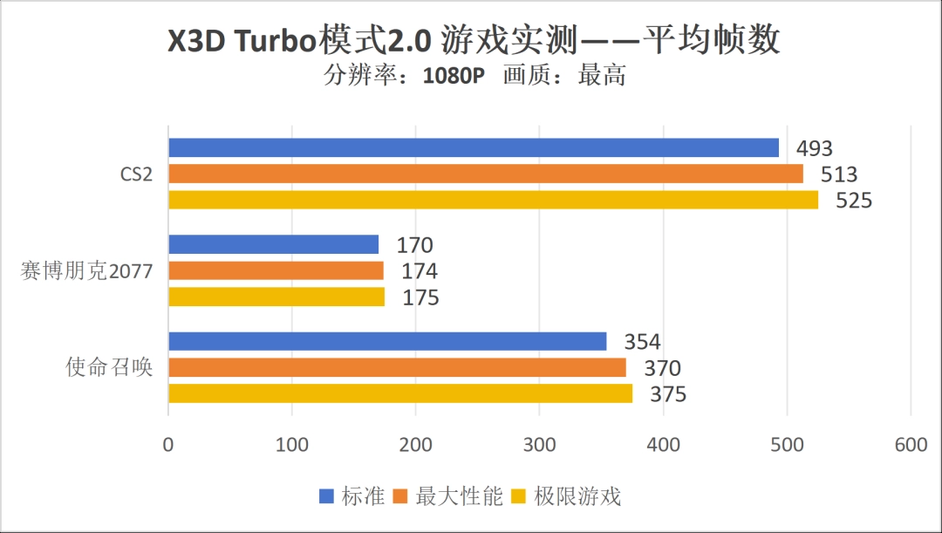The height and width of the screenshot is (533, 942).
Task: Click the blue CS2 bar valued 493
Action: [x=473, y=148]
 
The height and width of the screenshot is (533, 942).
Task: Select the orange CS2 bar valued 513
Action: [x=485, y=174]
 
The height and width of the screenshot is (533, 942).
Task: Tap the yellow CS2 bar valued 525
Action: [x=493, y=201]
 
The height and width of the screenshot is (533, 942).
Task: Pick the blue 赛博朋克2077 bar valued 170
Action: [x=273, y=245]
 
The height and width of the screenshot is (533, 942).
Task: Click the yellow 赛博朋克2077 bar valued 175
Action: [x=276, y=297]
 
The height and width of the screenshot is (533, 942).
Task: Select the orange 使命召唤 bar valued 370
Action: [x=397, y=368]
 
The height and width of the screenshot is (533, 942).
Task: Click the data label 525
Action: [x=854, y=202]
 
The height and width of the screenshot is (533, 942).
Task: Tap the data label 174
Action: [x=420, y=271]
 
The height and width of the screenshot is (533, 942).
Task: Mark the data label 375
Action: [x=668, y=395]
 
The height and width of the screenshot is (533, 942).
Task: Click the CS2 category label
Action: [x=136, y=174]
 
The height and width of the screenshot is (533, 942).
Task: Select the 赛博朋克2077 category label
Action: [x=86, y=271]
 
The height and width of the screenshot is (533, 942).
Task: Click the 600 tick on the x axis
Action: [x=911, y=445]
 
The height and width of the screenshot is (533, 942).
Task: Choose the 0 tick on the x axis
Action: [x=168, y=445]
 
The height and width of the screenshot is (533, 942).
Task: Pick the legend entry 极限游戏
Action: [x=577, y=497]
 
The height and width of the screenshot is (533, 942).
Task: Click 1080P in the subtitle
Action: [x=454, y=76]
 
